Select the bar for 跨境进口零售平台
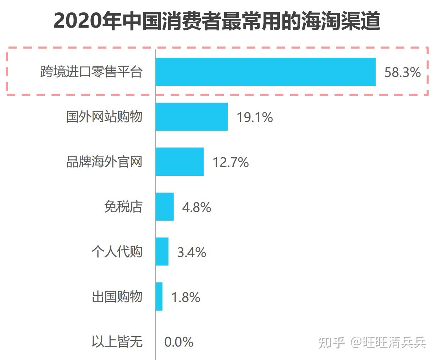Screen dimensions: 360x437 tap(265, 72)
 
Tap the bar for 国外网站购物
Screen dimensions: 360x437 tap(192, 117)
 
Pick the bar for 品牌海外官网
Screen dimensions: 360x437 tap(179, 162)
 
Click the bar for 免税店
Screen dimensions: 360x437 tap(165, 207)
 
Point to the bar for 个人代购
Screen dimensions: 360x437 tap(162, 252)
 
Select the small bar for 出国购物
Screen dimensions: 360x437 tap(159, 297)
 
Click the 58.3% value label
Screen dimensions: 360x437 tap(403, 72)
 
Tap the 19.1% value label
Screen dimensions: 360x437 tap(255, 117)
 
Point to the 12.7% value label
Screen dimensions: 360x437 tap(231, 162)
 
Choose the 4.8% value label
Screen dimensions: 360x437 tap(197, 207)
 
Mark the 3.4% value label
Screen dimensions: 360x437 tap(192, 252)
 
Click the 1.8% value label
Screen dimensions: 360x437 tap(186, 297)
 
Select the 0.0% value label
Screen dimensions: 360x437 tap(179, 342)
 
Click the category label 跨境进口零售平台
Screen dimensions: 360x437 tap(92, 72)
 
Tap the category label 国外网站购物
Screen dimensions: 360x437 tap(104, 117)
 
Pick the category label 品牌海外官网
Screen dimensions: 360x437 tap(104, 162)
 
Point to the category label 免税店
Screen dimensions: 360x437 tap(123, 207)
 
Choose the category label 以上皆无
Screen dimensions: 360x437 tap(117, 342)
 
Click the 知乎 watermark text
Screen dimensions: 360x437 tap(332, 342)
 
